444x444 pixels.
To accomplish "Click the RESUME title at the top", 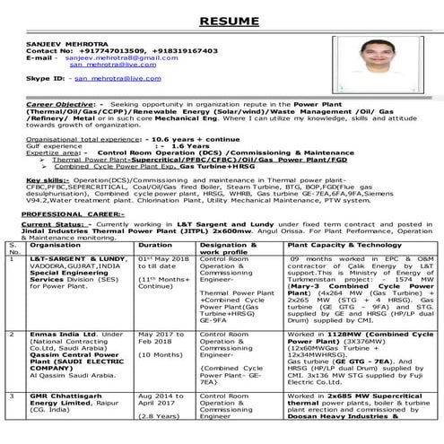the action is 222,19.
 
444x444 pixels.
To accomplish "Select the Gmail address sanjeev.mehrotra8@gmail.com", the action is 105,58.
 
